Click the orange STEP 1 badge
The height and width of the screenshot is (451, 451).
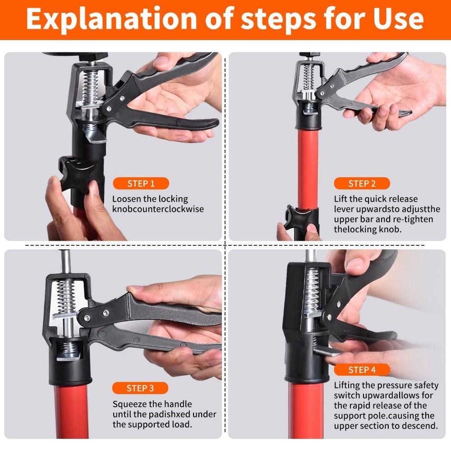[x=141, y=184]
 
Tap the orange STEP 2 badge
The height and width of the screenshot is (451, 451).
[x=362, y=184]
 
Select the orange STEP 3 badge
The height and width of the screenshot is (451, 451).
[x=140, y=388]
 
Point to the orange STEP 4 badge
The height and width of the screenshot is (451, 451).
[x=362, y=370]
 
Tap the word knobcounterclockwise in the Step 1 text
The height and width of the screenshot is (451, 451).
[x=158, y=209]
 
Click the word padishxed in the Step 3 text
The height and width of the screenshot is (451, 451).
[x=176, y=414]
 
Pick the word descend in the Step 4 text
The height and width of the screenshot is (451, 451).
[x=421, y=426]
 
